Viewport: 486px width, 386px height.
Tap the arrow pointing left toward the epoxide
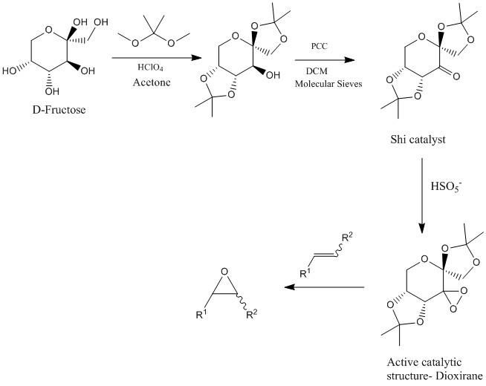(x=328, y=286)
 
